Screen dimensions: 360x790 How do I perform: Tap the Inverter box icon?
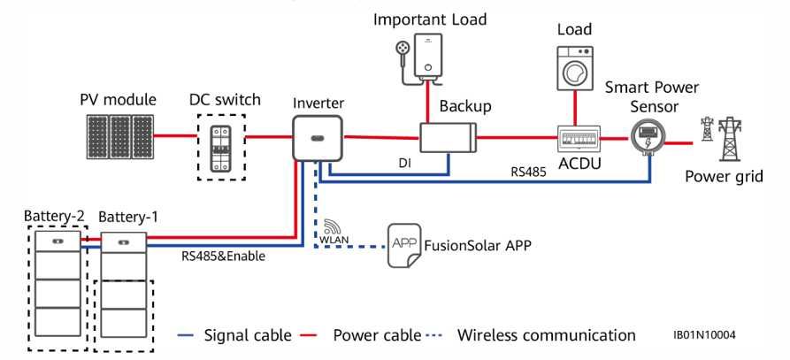click(317, 136)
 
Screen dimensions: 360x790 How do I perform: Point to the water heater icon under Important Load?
click(432, 56)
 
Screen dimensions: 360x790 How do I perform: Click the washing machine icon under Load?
click(575, 67)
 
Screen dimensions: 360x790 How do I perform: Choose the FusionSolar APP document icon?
click(402, 244)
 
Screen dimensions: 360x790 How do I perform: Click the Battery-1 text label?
click(129, 217)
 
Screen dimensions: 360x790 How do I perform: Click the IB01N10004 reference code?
click(704, 335)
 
